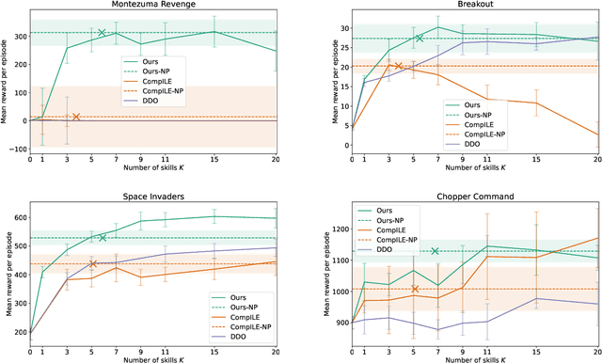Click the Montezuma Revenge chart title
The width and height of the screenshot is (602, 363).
coord(153,7)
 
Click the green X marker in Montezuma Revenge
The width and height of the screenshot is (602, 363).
coord(103,33)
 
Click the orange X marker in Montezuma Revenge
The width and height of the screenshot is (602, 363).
coord(76,117)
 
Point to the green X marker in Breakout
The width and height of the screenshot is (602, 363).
coord(420,39)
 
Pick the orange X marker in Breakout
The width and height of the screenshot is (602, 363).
coord(398,66)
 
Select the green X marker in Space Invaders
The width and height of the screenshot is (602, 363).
coord(103,238)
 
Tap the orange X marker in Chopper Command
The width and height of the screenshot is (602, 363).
coord(415,289)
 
